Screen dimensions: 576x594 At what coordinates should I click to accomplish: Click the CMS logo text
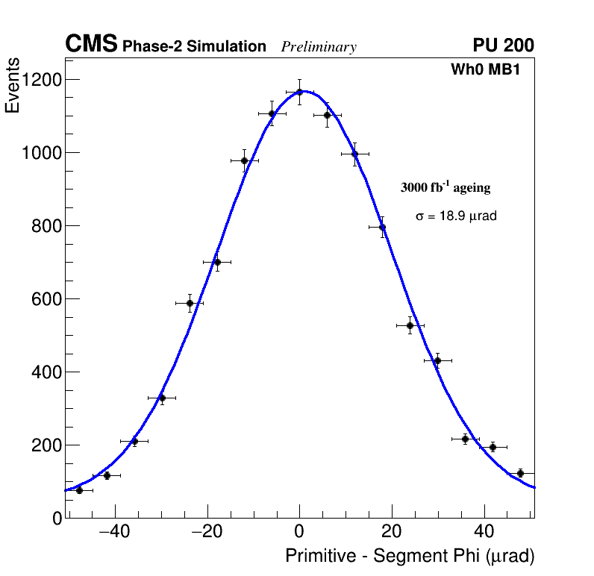(91, 45)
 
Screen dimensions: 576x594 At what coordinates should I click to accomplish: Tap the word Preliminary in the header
(319, 47)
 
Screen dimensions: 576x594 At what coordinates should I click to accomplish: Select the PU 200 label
(503, 46)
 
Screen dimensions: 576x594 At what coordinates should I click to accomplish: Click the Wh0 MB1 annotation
(484, 69)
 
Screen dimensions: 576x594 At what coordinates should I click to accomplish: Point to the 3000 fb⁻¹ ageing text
(445, 187)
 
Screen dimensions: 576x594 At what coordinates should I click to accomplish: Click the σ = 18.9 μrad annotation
(456, 216)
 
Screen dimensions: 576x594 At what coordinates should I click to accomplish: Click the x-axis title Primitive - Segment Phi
(410, 557)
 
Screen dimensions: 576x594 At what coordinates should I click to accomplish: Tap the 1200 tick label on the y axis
(42, 80)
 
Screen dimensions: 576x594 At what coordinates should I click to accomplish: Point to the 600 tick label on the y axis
(46, 299)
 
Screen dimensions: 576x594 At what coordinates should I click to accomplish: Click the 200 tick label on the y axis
(46, 445)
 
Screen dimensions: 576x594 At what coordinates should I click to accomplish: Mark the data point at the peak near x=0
(299, 92)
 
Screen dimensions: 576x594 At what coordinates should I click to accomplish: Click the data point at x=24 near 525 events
(410, 325)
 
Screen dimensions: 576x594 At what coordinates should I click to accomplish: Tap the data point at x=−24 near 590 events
(190, 303)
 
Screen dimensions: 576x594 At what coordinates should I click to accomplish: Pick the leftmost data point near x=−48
(79, 490)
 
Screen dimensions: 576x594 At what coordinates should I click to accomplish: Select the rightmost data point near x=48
(520, 473)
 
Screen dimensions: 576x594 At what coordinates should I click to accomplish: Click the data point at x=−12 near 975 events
(244, 160)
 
